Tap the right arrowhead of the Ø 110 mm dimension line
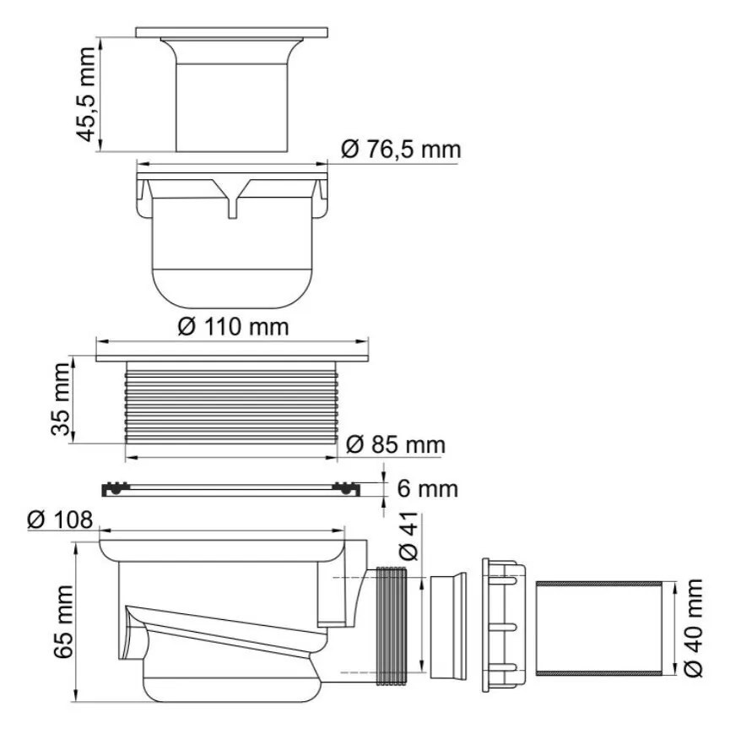coord(364,341)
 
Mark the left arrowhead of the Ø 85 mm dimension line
coord(131,457)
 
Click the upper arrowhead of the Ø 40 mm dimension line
coord(674,587)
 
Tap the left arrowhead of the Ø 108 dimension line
coord(105,530)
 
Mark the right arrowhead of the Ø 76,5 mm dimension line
coord(322,164)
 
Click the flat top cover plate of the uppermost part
coord(231,33)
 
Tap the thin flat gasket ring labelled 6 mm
coord(231,489)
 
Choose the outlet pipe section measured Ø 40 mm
coord(598,628)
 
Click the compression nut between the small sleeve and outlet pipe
coord(504,625)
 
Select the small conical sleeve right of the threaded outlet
coord(448,626)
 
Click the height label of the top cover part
coord(86,94)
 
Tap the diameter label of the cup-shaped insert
coord(401,150)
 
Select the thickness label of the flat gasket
coord(427,489)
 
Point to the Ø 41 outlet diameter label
coord(409,536)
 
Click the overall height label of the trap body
coord(62,622)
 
